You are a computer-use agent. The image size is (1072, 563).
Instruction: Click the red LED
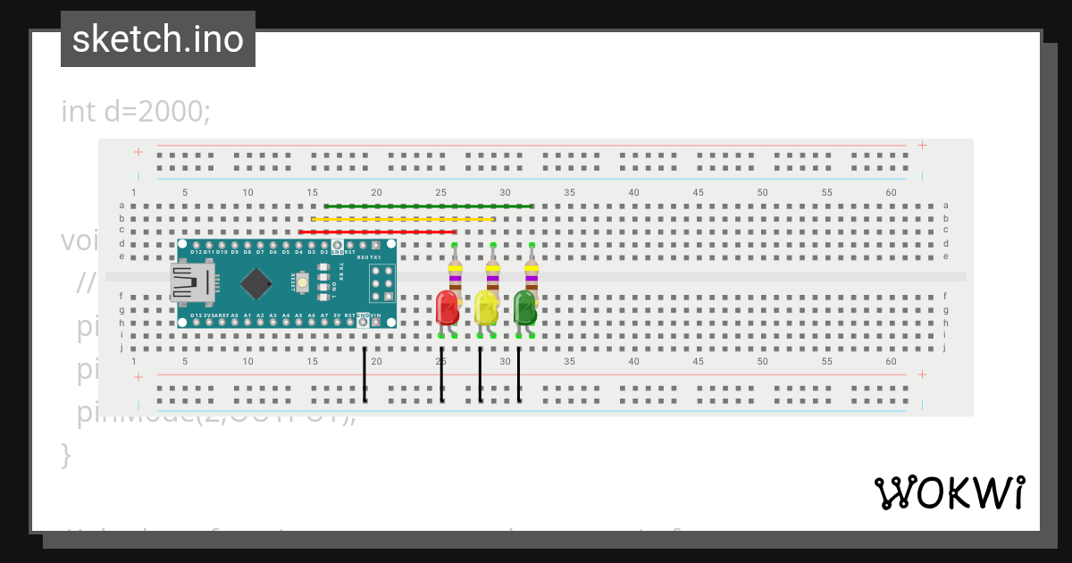tap(447, 308)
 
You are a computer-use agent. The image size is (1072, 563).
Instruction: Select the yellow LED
tap(486, 308)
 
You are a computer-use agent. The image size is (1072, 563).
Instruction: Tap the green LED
tap(524, 308)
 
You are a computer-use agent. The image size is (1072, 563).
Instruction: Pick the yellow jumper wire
tap(402, 219)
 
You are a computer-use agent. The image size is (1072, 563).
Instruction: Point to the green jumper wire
tap(429, 206)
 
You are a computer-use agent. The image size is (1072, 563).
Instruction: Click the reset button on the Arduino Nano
tap(303, 283)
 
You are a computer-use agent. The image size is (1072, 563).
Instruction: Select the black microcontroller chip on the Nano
tap(256, 283)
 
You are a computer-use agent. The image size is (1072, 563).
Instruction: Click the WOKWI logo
tap(950, 492)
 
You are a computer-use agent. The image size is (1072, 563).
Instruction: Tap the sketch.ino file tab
tap(158, 39)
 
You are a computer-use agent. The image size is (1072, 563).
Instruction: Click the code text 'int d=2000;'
tap(136, 112)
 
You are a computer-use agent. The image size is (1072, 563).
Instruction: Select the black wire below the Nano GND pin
tap(364, 375)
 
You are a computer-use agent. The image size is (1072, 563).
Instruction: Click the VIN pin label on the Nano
tap(376, 315)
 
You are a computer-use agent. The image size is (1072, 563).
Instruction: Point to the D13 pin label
tap(196, 315)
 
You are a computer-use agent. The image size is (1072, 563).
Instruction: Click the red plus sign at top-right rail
tap(922, 146)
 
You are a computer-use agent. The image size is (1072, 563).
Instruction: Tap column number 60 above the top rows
tap(891, 192)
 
